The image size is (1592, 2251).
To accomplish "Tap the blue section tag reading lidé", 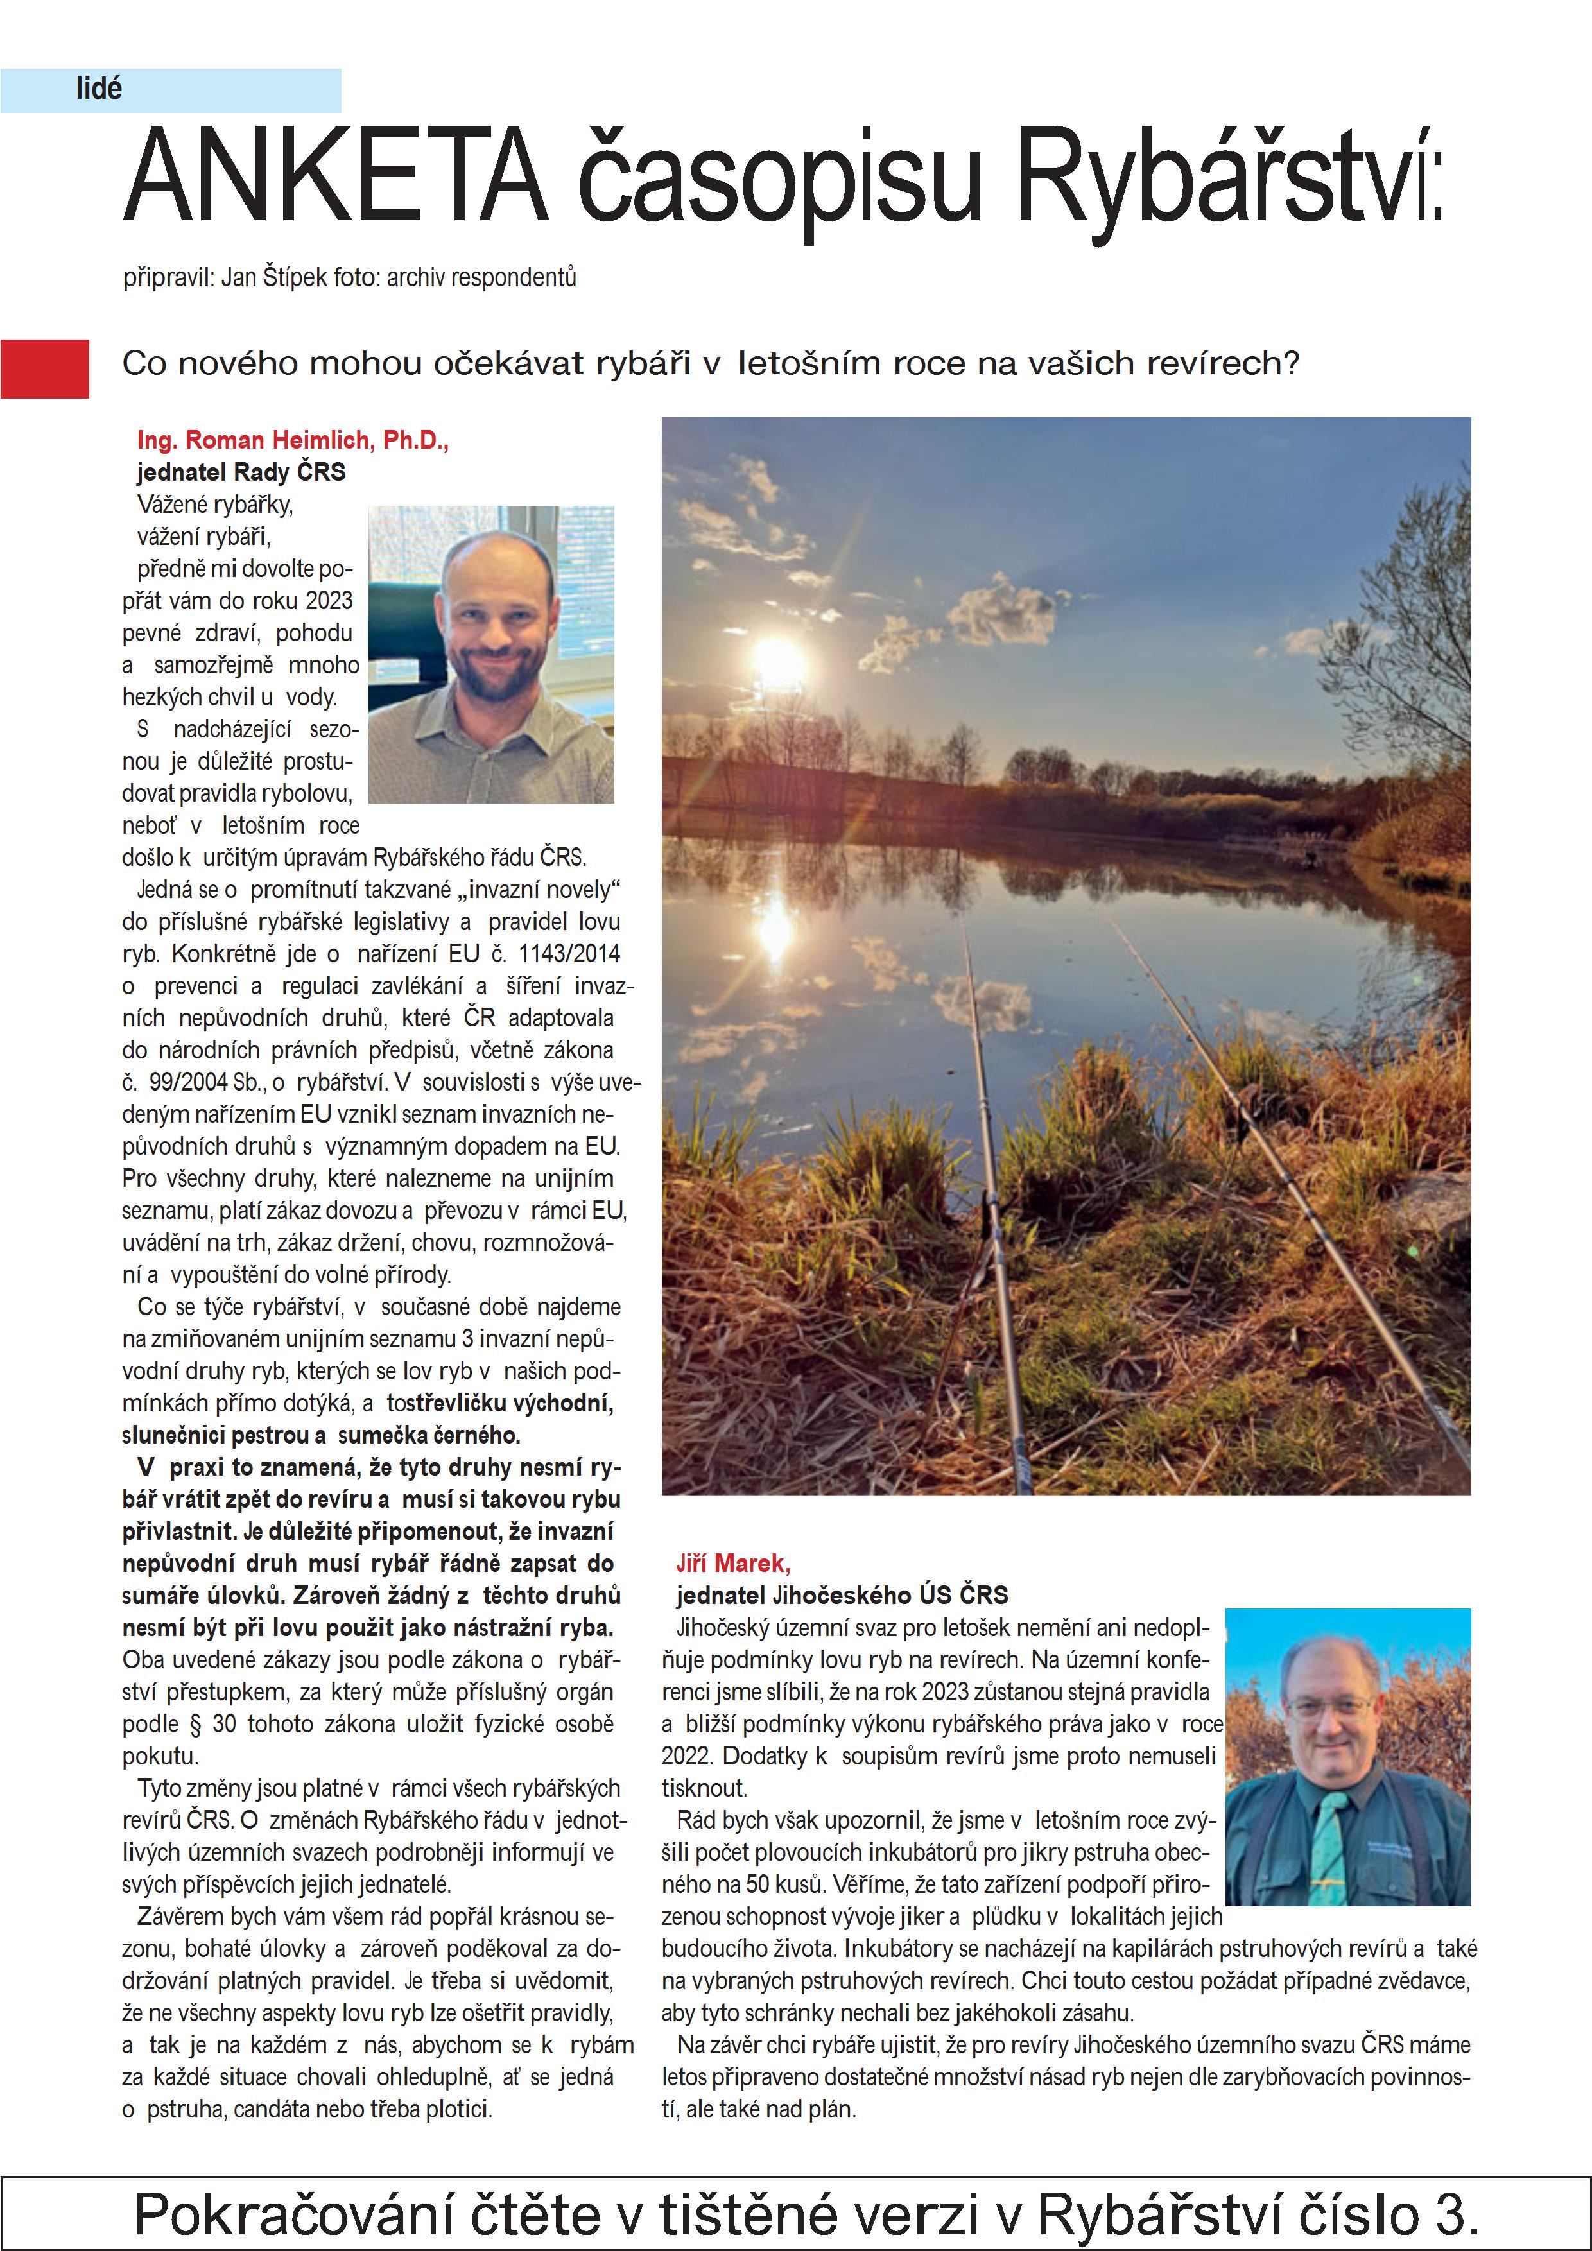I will tap(99, 89).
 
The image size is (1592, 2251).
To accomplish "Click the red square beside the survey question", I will tap(44, 368).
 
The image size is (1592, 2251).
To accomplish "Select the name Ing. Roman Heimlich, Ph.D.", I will tap(292, 440).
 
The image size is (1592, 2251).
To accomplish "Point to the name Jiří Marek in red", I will tap(732, 1563).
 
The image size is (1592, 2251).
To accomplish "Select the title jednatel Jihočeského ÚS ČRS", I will tap(842, 1595).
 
